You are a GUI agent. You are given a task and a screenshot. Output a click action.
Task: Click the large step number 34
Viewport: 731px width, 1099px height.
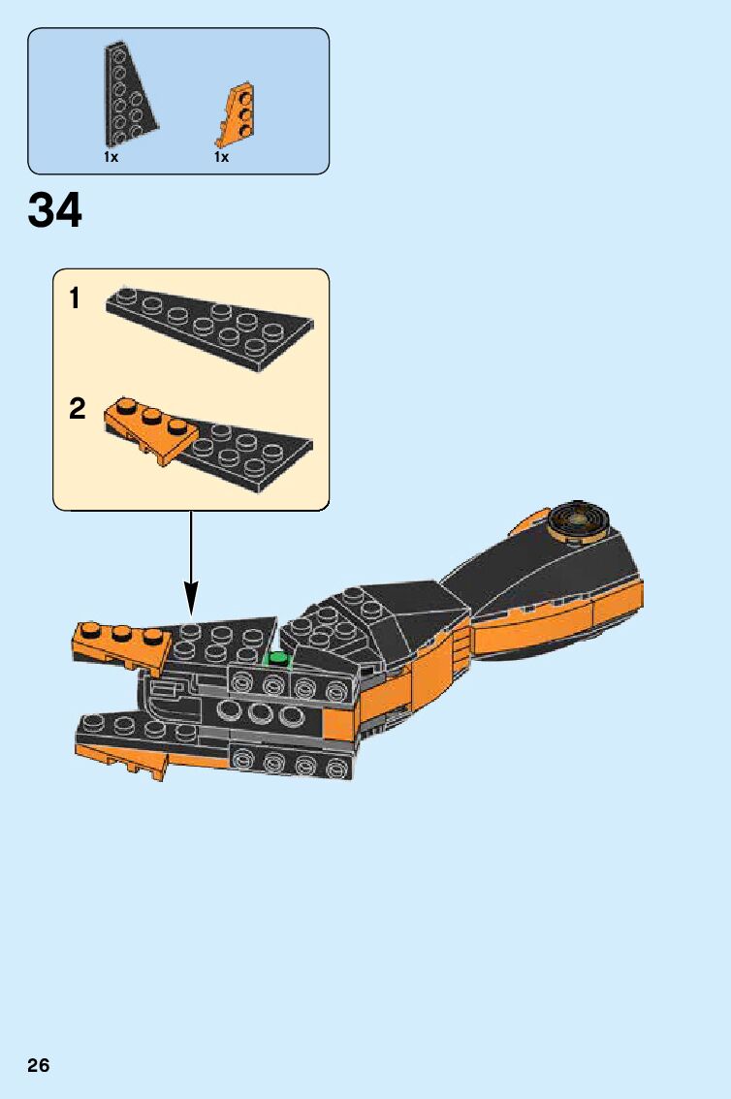[55, 210]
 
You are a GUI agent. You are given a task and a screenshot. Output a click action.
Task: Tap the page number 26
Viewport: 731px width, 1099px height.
[39, 1066]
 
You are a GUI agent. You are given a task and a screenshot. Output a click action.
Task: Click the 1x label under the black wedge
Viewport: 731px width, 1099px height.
[111, 157]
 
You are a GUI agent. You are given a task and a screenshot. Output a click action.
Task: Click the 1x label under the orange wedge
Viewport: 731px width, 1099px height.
[222, 157]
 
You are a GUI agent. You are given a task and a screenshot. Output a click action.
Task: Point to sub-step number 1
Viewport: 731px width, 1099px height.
[76, 299]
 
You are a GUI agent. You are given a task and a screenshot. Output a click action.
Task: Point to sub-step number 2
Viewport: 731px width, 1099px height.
[78, 409]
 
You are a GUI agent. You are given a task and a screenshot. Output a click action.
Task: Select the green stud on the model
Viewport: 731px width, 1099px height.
[279, 660]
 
